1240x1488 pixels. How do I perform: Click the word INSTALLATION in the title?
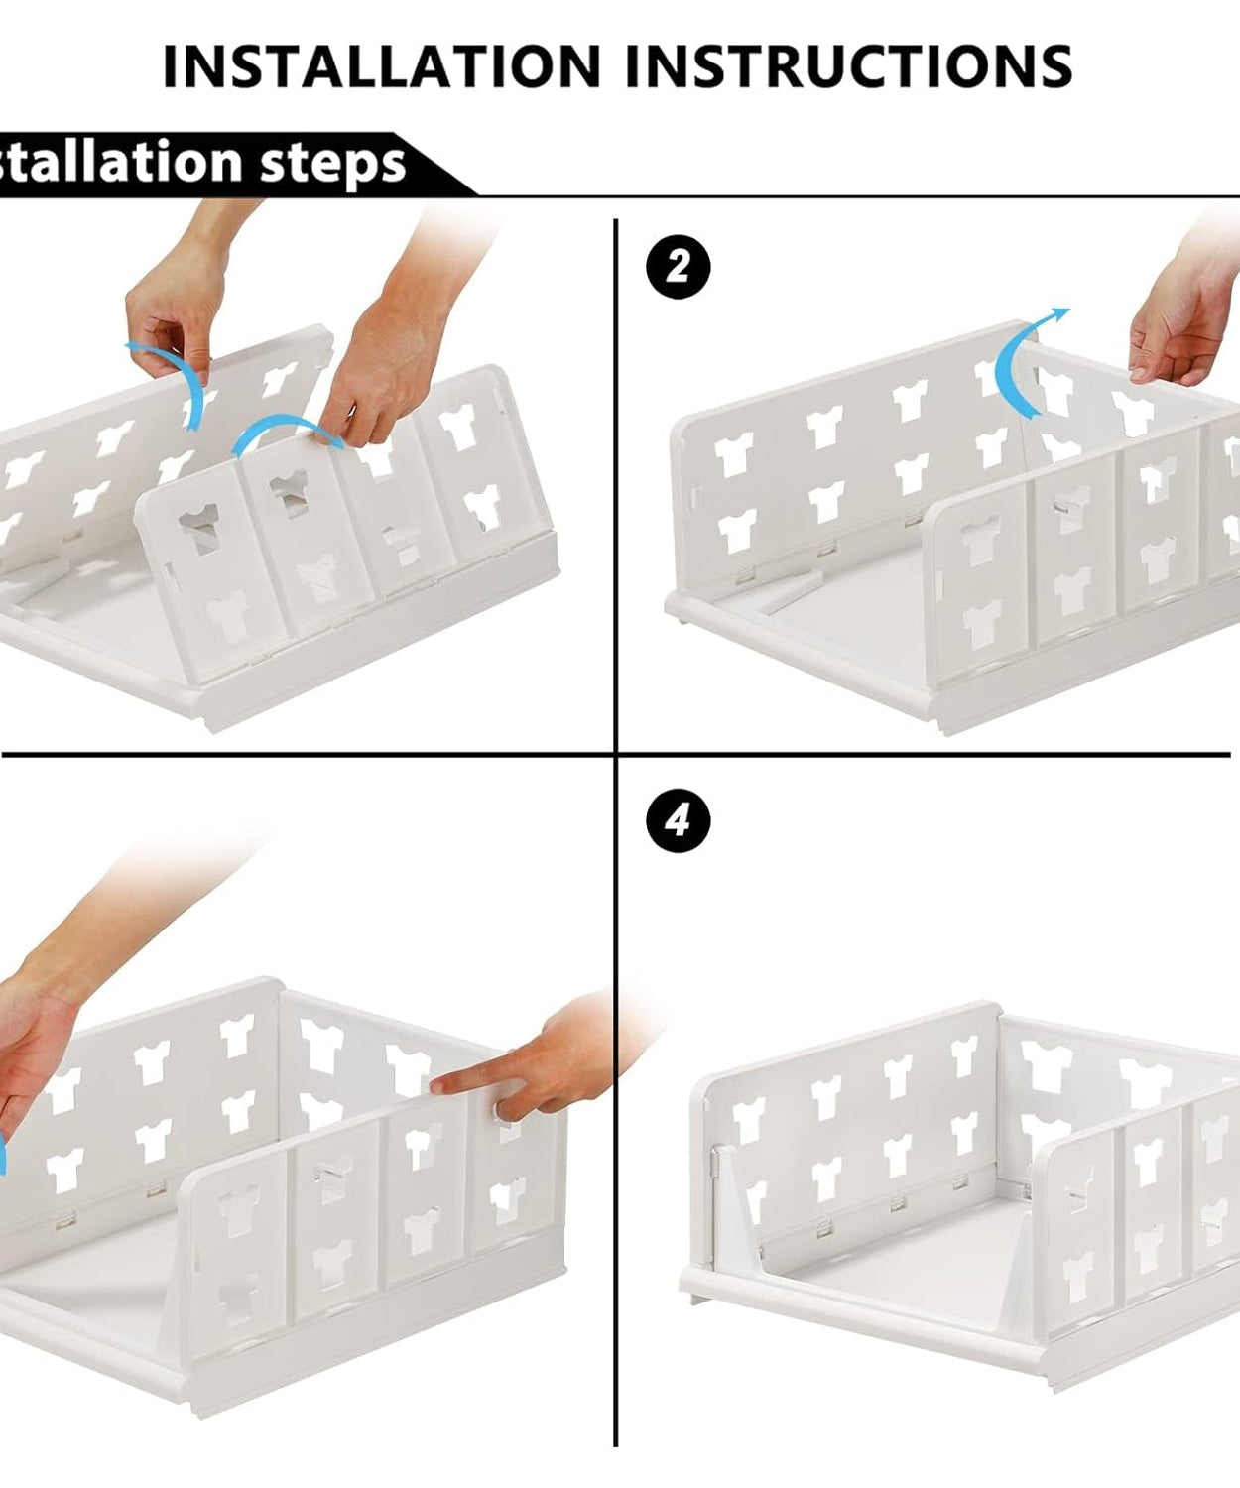click(x=381, y=66)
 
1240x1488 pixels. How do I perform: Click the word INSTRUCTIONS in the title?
click(x=849, y=66)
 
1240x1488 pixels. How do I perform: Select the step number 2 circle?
click(x=679, y=267)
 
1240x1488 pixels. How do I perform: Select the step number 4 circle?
click(x=679, y=820)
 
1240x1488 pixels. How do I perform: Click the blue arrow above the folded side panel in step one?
click(x=288, y=432)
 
